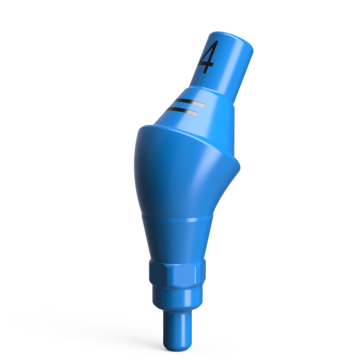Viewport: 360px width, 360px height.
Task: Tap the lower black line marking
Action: tap(184, 110)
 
